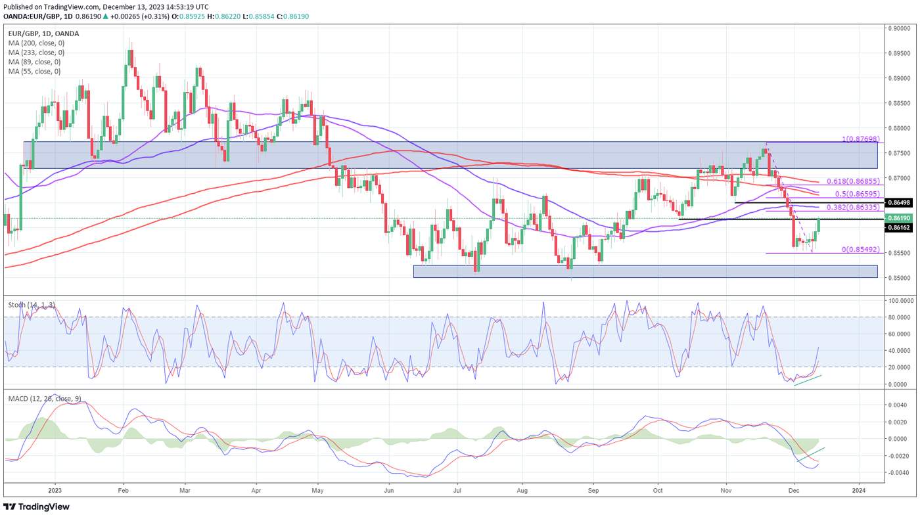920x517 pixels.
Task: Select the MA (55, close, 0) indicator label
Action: [34, 71]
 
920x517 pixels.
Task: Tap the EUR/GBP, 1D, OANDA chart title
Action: [43, 34]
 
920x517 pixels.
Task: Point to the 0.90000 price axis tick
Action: [900, 28]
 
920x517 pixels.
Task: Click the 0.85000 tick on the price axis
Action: [900, 278]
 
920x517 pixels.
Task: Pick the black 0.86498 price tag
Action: [898, 203]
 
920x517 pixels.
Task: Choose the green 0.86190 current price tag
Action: [898, 218]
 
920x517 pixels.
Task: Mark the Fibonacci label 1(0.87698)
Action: [862, 140]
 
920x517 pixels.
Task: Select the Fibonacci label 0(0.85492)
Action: [862, 250]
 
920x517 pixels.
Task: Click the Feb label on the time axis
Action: [122, 489]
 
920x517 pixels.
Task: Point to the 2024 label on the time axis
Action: [858, 489]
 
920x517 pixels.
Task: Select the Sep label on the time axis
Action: [593, 489]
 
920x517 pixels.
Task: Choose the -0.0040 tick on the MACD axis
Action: [900, 473]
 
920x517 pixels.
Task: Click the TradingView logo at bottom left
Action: [37, 506]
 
